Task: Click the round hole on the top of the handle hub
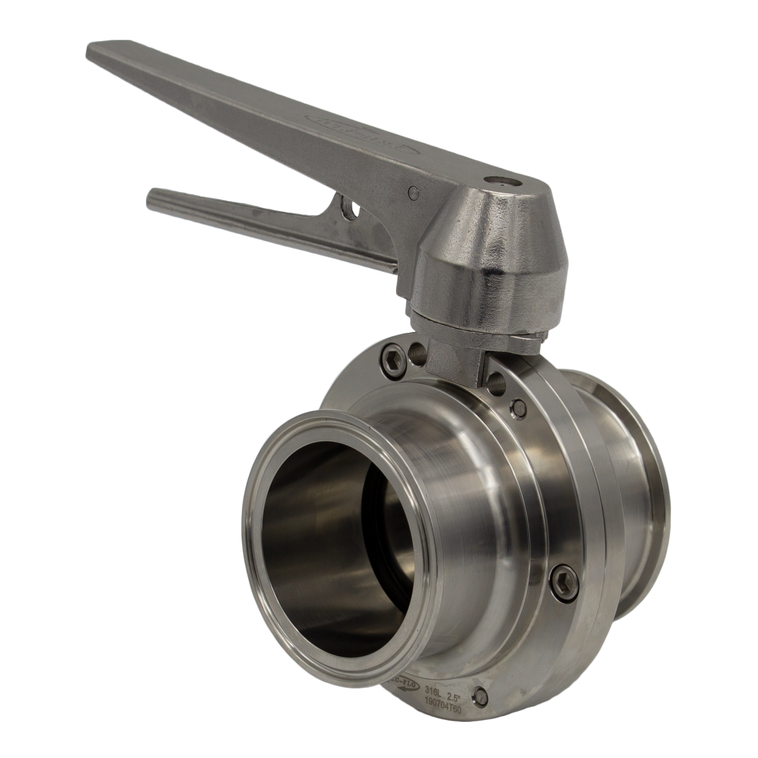click(x=499, y=182)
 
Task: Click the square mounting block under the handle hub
click(x=455, y=358)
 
